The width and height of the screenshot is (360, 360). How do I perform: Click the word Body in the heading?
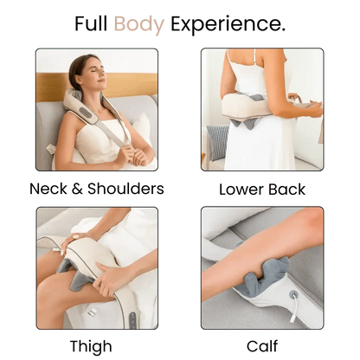(x=138, y=24)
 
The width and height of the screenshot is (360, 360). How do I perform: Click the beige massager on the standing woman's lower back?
(x=246, y=107)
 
